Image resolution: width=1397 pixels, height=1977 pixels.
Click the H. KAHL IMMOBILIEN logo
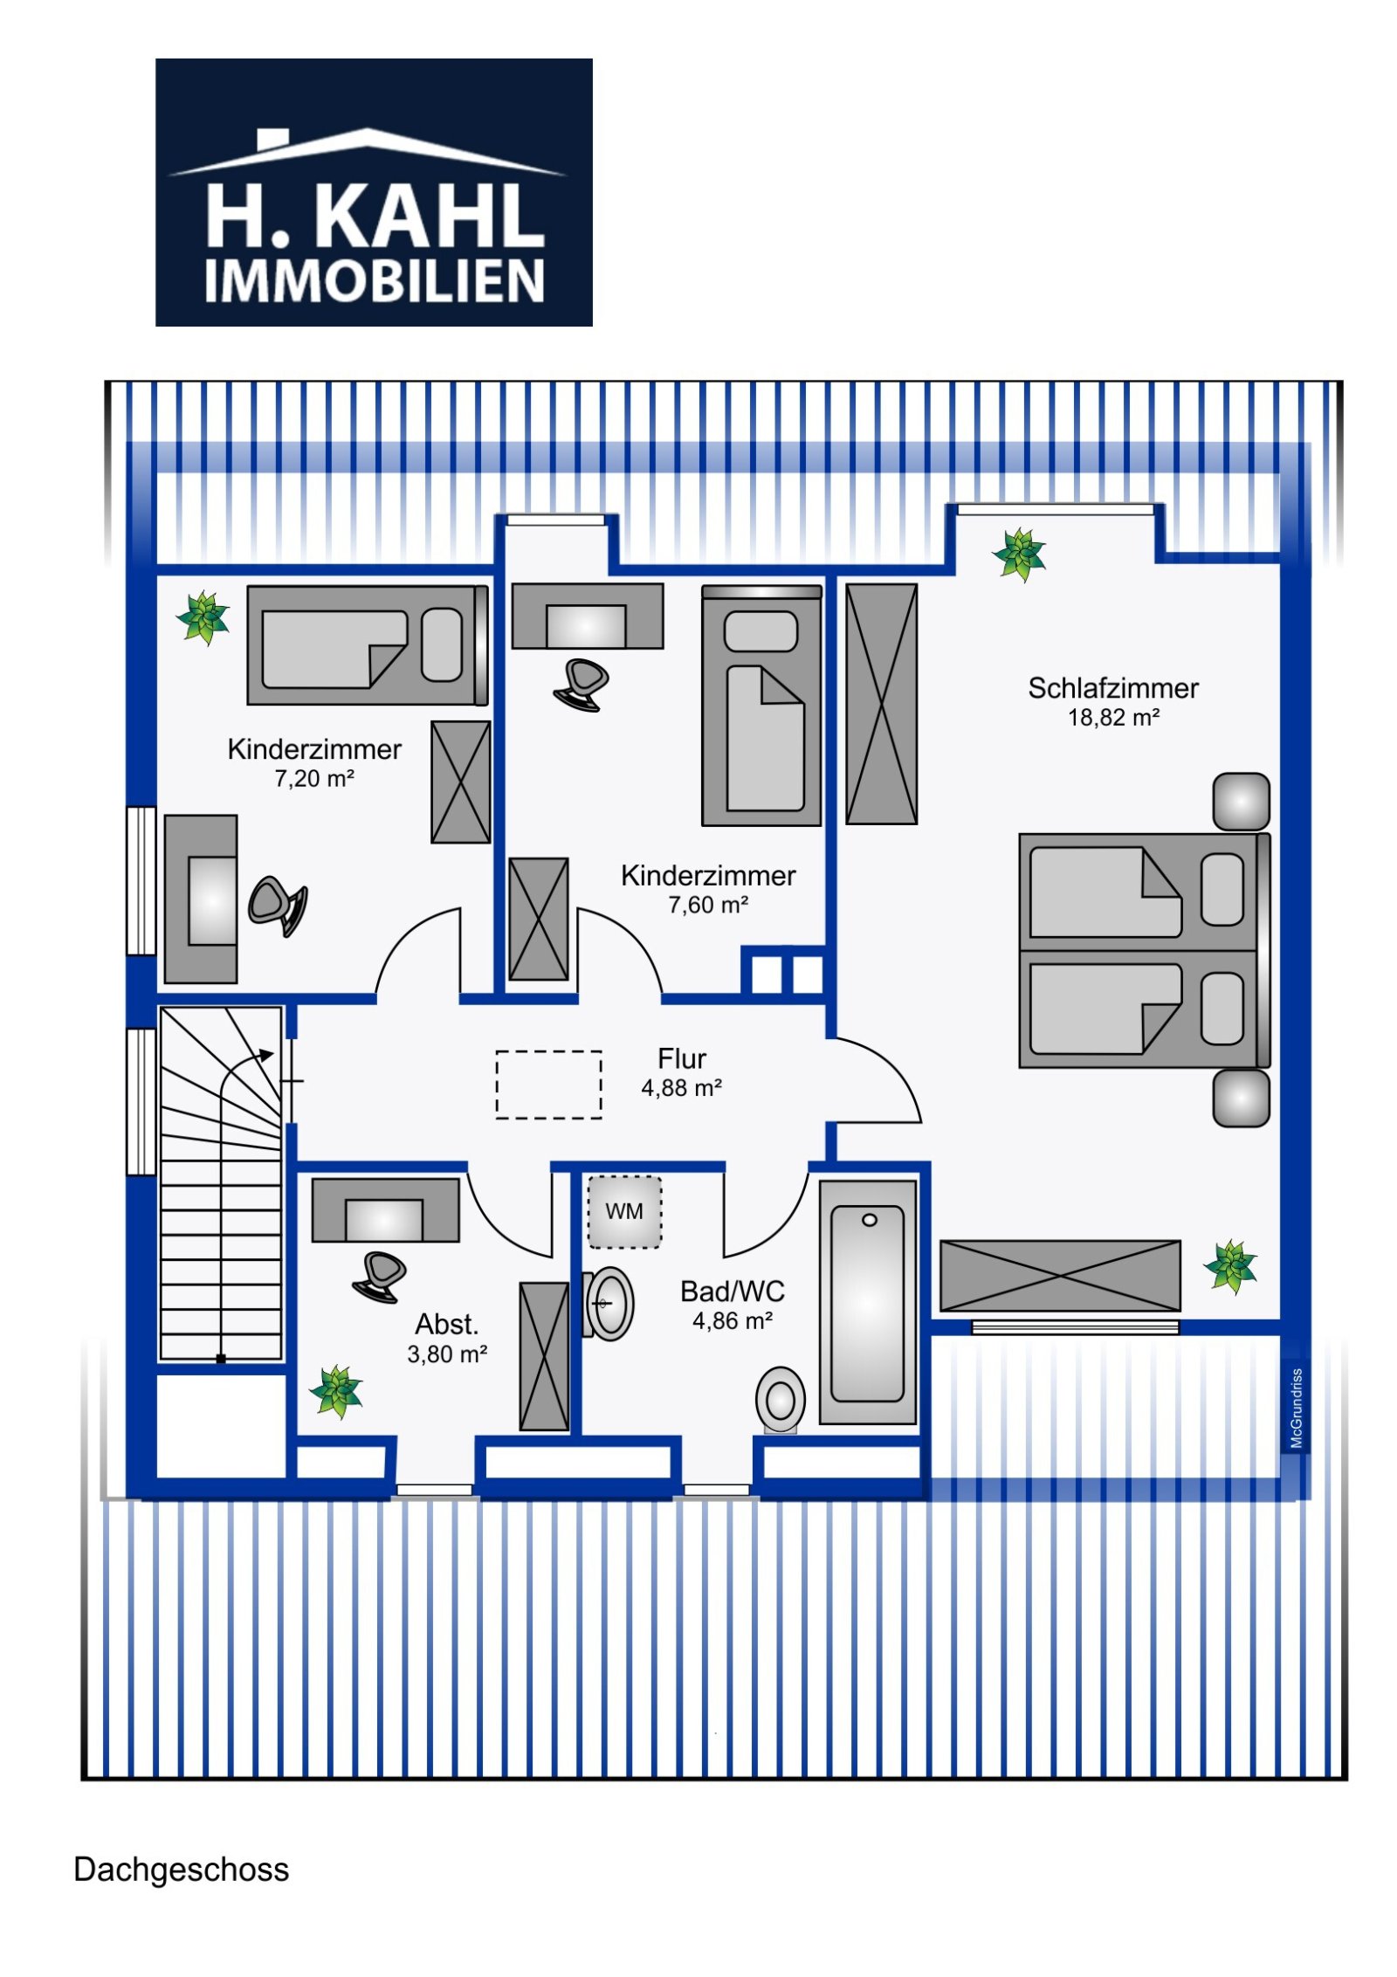pyautogui.click(x=374, y=192)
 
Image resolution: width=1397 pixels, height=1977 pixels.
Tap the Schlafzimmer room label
pyautogui.click(x=1112, y=688)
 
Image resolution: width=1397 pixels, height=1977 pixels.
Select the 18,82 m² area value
pyautogui.click(x=1112, y=718)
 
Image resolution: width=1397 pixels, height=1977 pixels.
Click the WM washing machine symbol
pyautogui.click(x=623, y=1211)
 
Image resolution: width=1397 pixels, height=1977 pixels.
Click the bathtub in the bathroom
pyautogui.click(x=868, y=1303)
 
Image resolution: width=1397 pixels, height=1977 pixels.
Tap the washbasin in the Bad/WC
pyautogui.click(x=610, y=1304)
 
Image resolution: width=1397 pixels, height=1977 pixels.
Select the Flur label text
pyautogui.click(x=681, y=1058)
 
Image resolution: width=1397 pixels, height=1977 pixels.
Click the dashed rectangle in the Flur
pyautogui.click(x=548, y=1085)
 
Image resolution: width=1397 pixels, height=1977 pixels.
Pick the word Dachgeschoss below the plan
pyautogui.click(x=181, y=1870)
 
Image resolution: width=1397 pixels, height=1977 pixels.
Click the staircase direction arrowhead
pyautogui.click(x=267, y=1055)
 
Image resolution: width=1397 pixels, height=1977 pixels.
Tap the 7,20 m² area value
pyautogui.click(x=313, y=779)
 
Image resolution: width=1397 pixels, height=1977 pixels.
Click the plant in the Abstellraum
pyautogui.click(x=336, y=1391)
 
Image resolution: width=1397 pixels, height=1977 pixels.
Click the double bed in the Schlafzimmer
pyautogui.click(x=1142, y=950)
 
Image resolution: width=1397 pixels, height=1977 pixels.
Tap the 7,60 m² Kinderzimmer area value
pyautogui.click(x=707, y=906)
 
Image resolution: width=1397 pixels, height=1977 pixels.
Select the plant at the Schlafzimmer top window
pyautogui.click(x=1019, y=554)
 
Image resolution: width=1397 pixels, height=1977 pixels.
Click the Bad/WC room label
pyautogui.click(x=732, y=1291)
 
